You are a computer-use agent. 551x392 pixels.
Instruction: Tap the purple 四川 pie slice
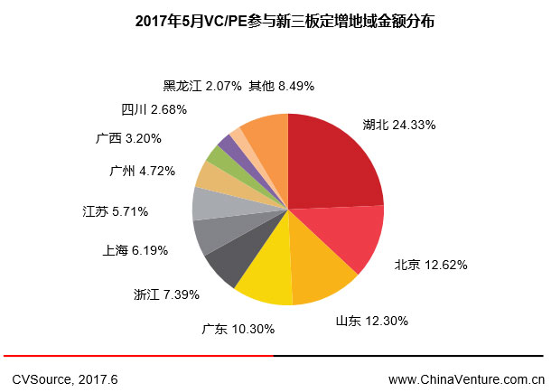pos(227,144)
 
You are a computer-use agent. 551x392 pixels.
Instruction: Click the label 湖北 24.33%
pos(399,123)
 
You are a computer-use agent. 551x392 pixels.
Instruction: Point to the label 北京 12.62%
pos(430,266)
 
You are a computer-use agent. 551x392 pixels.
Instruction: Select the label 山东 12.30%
pos(371,320)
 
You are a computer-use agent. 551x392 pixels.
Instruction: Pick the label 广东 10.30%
pos(238,329)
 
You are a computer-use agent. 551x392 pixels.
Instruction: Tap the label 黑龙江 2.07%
pos(201,87)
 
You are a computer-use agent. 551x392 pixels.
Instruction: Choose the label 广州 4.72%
pos(141,169)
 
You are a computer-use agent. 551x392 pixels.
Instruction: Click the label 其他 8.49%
pos(281,87)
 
